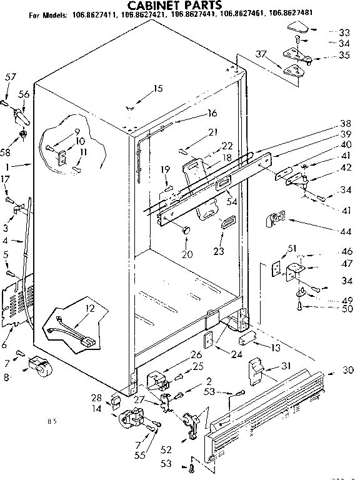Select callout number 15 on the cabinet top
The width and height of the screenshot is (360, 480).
[157, 88]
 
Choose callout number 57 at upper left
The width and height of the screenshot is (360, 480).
[9, 77]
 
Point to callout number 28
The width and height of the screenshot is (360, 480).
[97, 397]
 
